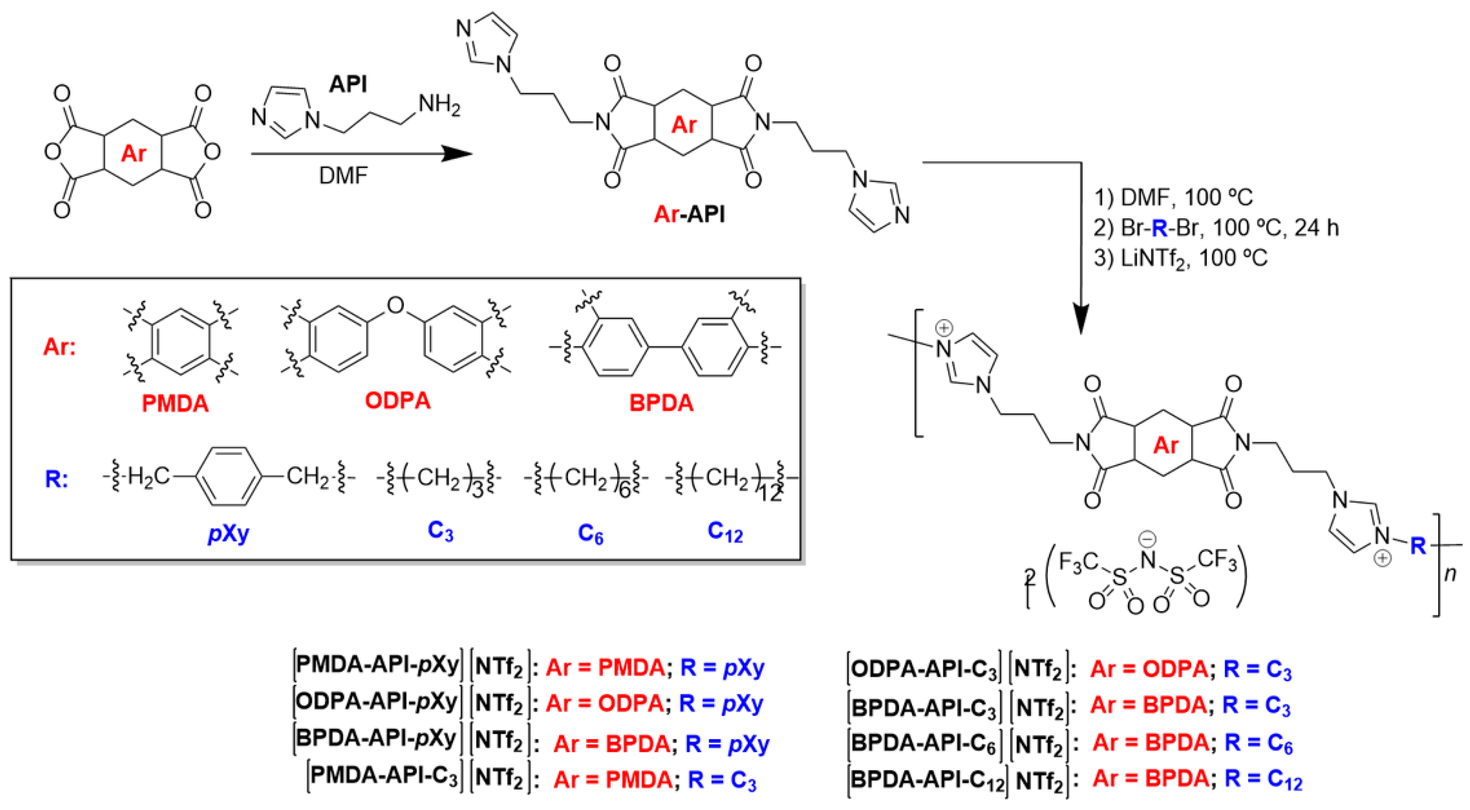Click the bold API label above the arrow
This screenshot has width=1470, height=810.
(x=348, y=84)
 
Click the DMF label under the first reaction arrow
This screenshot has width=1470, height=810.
(x=343, y=176)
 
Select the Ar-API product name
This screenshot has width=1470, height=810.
(x=689, y=215)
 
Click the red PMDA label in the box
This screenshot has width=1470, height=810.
(x=175, y=404)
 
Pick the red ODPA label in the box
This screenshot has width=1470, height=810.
(x=398, y=401)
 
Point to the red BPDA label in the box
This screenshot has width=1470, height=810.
(x=661, y=403)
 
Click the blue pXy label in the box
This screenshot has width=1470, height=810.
(x=228, y=533)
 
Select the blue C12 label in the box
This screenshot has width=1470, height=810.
(x=725, y=532)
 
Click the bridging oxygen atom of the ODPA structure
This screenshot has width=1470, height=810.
(x=395, y=306)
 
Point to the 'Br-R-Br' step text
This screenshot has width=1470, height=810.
(x=1158, y=228)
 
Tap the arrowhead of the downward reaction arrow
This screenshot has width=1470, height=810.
(x=1081, y=321)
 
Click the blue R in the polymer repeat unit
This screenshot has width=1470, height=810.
(x=1418, y=546)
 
